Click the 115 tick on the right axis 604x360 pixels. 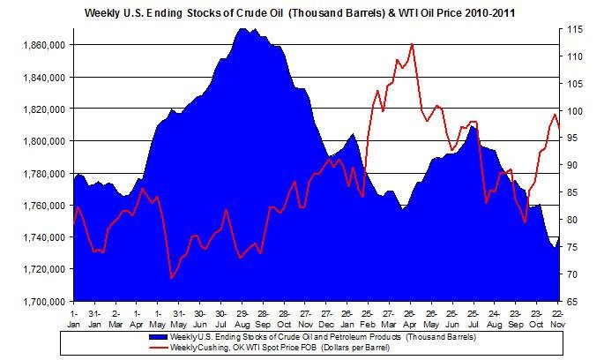[x=573, y=29]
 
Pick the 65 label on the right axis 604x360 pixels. [x=573, y=302]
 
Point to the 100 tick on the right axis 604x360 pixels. [x=573, y=111]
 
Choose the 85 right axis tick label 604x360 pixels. [x=573, y=192]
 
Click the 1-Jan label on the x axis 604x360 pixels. [x=73, y=317]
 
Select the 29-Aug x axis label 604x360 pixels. [x=242, y=317]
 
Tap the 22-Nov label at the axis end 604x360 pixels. [x=557, y=317]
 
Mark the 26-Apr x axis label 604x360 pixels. [x=410, y=317]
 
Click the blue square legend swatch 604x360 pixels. [x=158, y=336]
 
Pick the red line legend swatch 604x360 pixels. [x=158, y=346]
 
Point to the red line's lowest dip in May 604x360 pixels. [x=171, y=279]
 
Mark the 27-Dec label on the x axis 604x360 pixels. [x=325, y=317]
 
